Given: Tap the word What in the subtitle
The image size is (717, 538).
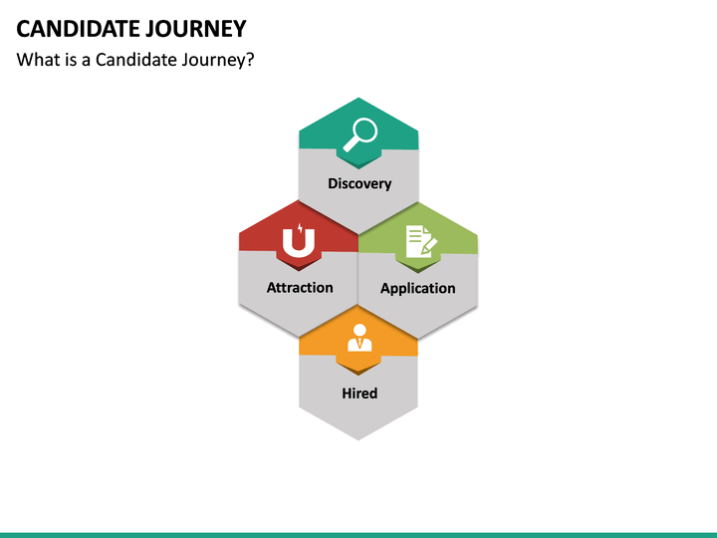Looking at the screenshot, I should tap(37, 60).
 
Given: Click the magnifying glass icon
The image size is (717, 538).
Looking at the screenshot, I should tap(358, 134).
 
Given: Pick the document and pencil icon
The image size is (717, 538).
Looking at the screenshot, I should tap(418, 243).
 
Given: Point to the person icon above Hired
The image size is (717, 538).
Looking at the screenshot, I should tap(358, 339).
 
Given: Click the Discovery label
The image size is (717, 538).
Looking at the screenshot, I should tap(359, 183).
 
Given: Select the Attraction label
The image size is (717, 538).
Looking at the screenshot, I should tap(300, 287).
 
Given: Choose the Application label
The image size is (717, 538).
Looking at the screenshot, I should tap(418, 288).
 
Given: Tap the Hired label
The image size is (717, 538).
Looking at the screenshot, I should tap(359, 393).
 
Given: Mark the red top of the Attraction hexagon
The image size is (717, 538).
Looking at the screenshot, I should tap(261, 235).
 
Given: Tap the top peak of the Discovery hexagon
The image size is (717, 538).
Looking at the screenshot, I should tap(358, 100).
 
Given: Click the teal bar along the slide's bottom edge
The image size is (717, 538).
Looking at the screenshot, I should tap(358, 534).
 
